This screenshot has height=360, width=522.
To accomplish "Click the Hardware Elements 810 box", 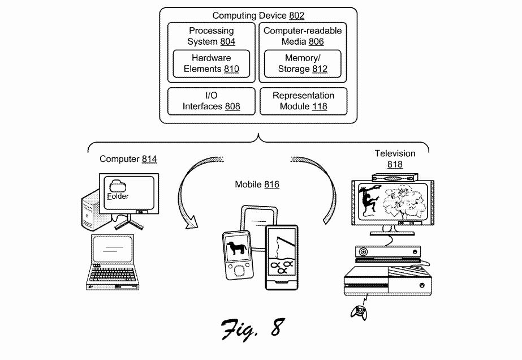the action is (211, 63).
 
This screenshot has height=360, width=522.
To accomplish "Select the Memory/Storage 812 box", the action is (303, 63).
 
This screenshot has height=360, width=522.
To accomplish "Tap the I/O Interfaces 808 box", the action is (212, 101).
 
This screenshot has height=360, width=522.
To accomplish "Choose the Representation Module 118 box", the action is (303, 101).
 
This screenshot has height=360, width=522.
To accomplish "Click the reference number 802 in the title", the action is (296, 16).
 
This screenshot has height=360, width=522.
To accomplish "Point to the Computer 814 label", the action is (128, 159).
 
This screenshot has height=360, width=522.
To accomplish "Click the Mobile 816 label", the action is (257, 185).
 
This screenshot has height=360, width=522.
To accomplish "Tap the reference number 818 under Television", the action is (395, 164).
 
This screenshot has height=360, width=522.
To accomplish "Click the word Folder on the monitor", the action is (118, 196).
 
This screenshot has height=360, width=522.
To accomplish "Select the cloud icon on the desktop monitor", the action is (118, 186).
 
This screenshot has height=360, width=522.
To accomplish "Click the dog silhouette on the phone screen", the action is (237, 248).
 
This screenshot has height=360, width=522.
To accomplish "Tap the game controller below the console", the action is (359, 312).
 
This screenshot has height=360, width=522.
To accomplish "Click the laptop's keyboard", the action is (113, 274).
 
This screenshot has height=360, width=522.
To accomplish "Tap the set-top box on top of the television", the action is (395, 178).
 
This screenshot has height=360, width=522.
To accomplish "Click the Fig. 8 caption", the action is (253, 329).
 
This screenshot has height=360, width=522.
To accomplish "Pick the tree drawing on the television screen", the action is (404, 202).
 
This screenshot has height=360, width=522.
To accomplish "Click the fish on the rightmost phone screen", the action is (281, 267).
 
